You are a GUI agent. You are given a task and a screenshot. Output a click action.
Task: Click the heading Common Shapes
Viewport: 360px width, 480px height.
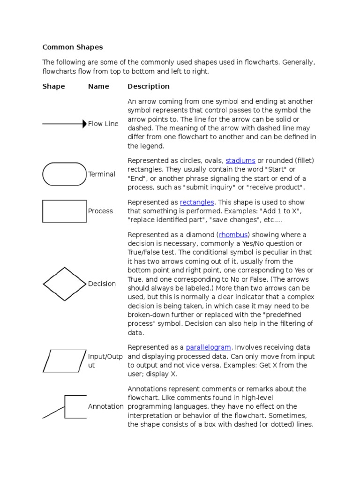tap(73, 47)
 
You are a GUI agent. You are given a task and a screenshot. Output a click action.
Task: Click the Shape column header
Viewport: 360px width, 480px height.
tap(54, 86)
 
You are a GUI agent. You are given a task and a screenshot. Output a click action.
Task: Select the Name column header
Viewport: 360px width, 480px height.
tap(98, 86)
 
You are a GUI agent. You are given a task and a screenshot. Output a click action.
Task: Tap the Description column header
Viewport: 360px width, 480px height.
tap(149, 86)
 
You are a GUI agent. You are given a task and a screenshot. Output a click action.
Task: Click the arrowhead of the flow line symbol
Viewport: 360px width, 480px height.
tap(84, 124)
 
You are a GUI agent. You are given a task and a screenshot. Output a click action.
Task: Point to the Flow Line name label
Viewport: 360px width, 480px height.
tap(103, 124)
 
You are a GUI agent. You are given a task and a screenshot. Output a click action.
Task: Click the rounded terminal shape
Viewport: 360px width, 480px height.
tap(64, 174)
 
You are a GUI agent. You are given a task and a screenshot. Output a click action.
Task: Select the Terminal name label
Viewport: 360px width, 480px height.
tap(102, 174)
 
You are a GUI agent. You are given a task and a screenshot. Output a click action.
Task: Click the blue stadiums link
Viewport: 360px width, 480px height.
tap(240, 161)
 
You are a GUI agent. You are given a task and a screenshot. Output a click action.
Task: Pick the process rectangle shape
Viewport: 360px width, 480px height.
tap(64, 211)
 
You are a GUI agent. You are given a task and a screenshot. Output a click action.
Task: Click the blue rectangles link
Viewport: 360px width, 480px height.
tap(197, 202)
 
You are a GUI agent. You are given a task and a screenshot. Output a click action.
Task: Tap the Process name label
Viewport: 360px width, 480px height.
tap(100, 211)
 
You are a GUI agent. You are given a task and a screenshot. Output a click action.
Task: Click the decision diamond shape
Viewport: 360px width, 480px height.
tap(65, 284)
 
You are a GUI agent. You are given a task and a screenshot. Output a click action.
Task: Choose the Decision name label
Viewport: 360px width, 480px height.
tap(102, 284)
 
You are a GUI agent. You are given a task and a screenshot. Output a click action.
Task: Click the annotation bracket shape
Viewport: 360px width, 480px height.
tap(70, 407)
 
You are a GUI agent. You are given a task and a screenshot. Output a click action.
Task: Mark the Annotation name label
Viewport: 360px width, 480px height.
tap(106, 406)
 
